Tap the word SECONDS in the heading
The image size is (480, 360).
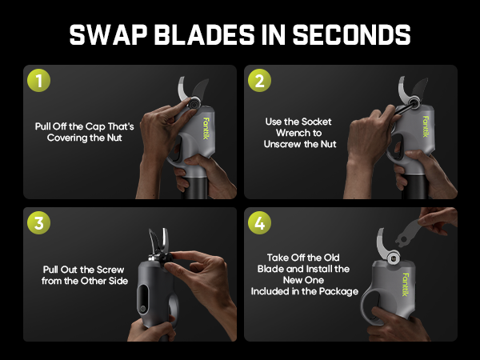click(x=351, y=34)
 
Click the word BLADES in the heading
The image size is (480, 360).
click(x=204, y=34)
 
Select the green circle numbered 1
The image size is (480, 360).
click(x=39, y=81)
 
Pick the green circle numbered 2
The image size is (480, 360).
click(x=259, y=81)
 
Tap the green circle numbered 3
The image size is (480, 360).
click(x=39, y=222)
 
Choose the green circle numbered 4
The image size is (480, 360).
click(x=259, y=222)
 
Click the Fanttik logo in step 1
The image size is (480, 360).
click(x=206, y=129)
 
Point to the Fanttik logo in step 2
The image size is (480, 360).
click(x=426, y=126)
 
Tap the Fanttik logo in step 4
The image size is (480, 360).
click(x=406, y=284)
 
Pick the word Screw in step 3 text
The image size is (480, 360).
click(x=110, y=270)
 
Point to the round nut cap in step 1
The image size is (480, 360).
click(x=194, y=103)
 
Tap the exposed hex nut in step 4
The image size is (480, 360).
click(x=393, y=258)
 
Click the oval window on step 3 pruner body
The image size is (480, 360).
click(x=143, y=299)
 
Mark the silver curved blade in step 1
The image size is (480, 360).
click(x=182, y=90)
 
